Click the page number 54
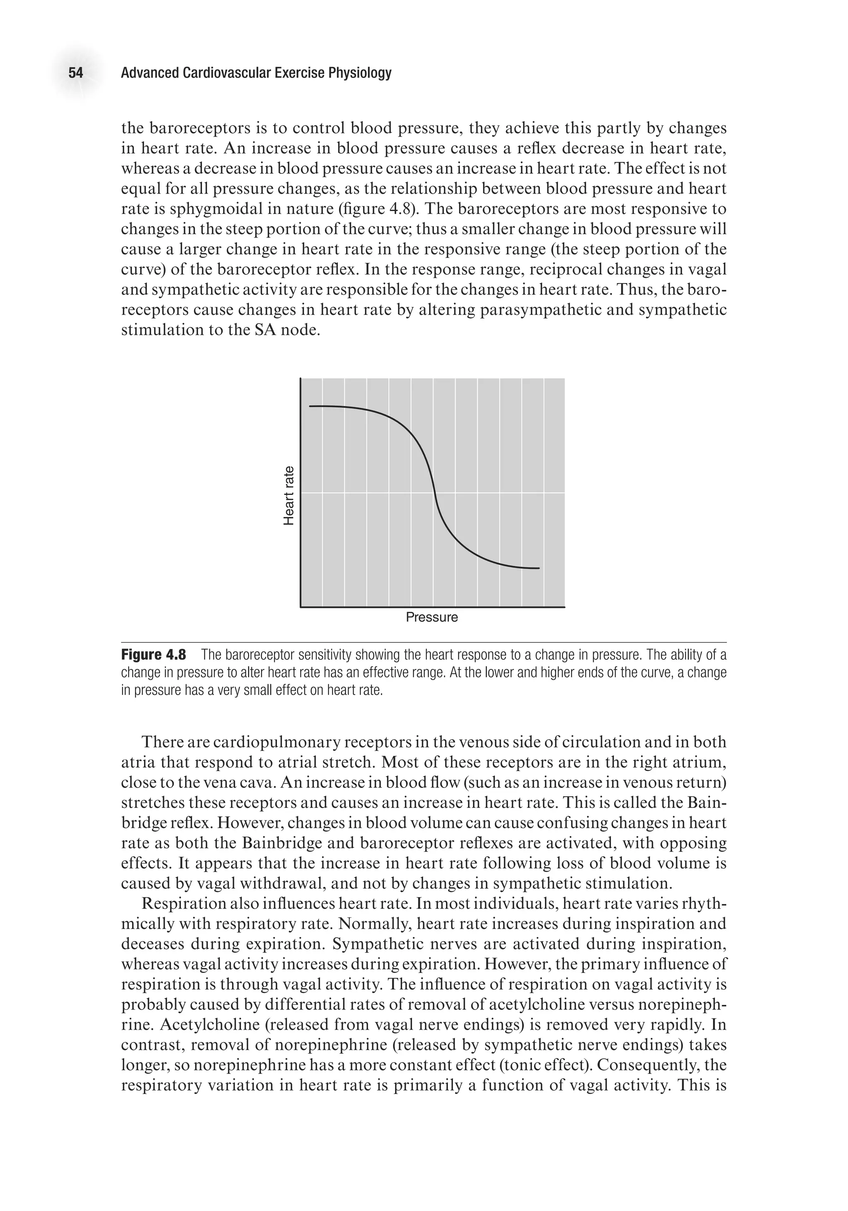point(75,73)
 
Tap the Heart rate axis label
point(288,496)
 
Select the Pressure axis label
point(431,618)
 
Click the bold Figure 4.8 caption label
point(154,655)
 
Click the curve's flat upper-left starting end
point(311,406)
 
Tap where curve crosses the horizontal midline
point(435,493)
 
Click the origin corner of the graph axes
point(300,607)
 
